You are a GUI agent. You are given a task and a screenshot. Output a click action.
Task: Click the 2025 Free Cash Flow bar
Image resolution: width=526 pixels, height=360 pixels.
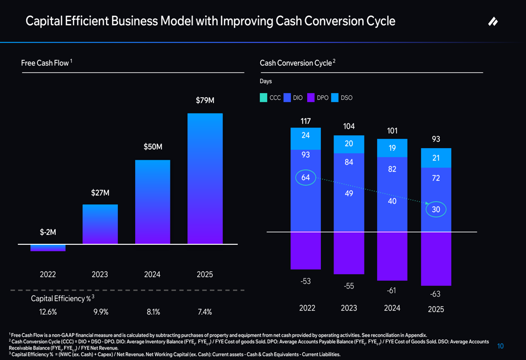205,178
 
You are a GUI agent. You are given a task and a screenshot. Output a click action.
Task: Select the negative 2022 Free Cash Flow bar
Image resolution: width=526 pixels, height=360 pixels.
48,248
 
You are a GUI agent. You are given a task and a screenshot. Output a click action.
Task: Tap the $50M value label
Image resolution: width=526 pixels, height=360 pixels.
153,147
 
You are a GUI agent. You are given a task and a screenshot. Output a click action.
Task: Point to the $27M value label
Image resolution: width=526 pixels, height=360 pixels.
100,193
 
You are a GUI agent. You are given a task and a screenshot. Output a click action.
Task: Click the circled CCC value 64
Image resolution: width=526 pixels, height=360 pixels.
306,178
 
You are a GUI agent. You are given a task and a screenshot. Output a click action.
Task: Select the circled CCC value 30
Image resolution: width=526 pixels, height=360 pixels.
436,210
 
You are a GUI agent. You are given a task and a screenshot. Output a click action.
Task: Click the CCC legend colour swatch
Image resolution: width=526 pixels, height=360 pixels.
264,98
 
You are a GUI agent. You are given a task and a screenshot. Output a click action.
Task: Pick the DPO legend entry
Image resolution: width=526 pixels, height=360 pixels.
318,98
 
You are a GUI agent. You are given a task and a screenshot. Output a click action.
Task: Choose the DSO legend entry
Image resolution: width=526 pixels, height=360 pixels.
342,98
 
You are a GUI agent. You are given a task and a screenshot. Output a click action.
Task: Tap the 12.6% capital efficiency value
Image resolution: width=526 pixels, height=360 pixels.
48,312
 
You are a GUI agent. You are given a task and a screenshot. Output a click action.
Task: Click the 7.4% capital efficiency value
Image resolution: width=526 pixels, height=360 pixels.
205,312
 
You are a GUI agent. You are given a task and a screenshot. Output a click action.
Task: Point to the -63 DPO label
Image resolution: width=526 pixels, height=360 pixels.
435,294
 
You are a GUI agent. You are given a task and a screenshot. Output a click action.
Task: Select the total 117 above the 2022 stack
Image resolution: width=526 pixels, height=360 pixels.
306,121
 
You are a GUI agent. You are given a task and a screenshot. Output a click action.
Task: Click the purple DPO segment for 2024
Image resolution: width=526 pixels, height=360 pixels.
392,256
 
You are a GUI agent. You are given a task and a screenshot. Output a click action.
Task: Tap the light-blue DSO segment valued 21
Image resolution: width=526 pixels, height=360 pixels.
436,158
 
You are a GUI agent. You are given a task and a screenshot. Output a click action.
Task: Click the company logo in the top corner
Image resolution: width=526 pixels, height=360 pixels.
493,22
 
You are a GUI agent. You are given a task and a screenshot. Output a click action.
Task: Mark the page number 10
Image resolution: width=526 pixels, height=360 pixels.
501,346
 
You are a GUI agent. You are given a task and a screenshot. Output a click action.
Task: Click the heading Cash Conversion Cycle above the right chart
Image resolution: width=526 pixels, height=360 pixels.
296,63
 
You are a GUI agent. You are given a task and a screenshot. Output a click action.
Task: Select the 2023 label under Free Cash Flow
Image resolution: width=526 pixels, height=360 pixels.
100,274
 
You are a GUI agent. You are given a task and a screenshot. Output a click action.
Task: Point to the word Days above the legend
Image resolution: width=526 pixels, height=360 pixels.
266,81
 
